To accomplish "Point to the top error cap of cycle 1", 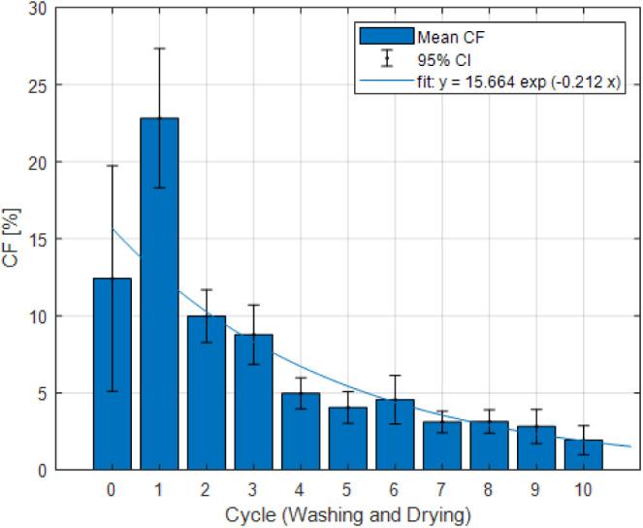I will [159, 49].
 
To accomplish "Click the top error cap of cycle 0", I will [112, 166].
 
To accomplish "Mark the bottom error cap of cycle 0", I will [112, 391].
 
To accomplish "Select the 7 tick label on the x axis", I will [441, 489].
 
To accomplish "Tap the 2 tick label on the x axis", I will [206, 489].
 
